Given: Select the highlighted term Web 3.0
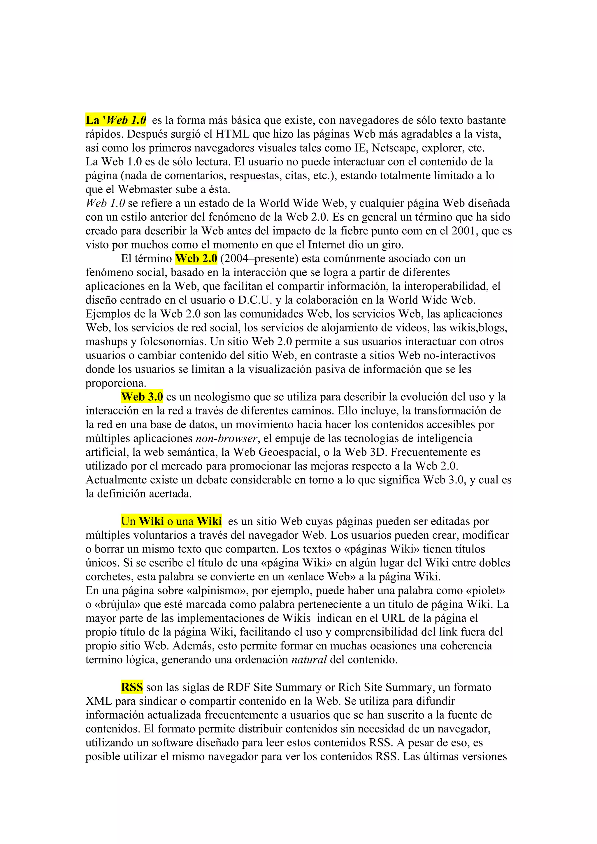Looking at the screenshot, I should [x=142, y=397].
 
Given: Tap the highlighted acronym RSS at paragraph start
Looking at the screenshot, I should [x=132, y=687].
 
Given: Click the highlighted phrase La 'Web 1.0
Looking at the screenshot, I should [x=116, y=120].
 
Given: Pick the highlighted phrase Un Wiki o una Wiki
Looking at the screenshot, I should [x=171, y=521].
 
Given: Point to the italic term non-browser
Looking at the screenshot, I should [x=226, y=438].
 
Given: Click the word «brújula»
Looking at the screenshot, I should [x=118, y=604].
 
